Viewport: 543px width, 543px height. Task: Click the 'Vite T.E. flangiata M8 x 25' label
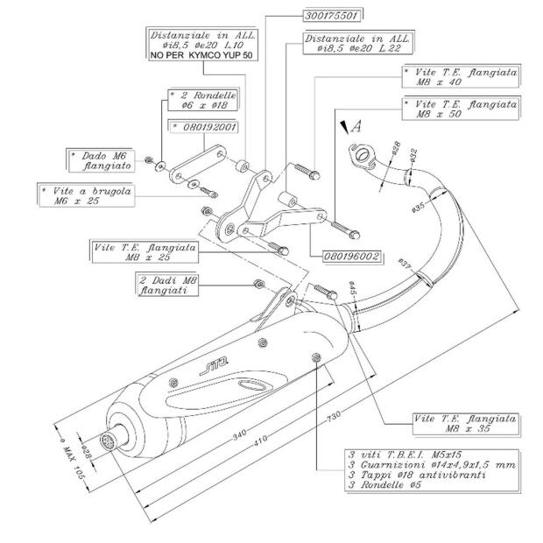145,252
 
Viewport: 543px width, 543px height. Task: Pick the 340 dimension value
238,434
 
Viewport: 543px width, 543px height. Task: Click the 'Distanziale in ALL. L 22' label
358,45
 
